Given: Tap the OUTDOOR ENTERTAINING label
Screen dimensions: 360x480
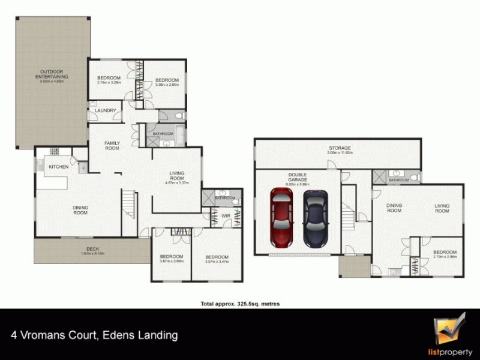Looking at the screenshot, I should point(52,76).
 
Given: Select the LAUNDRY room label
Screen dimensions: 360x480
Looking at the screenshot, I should point(105,110).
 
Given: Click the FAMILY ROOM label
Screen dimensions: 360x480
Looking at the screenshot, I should point(112,145).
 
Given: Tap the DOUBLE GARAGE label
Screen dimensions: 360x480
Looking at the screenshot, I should point(297,181).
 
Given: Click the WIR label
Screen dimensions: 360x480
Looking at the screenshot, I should point(226,215).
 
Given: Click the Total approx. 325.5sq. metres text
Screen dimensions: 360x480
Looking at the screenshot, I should point(240,304).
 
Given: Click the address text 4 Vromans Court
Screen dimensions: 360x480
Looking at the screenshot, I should point(94,335).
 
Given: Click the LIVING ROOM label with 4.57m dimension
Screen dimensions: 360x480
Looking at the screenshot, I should point(176,178).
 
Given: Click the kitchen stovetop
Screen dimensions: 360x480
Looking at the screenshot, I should point(53,152).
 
